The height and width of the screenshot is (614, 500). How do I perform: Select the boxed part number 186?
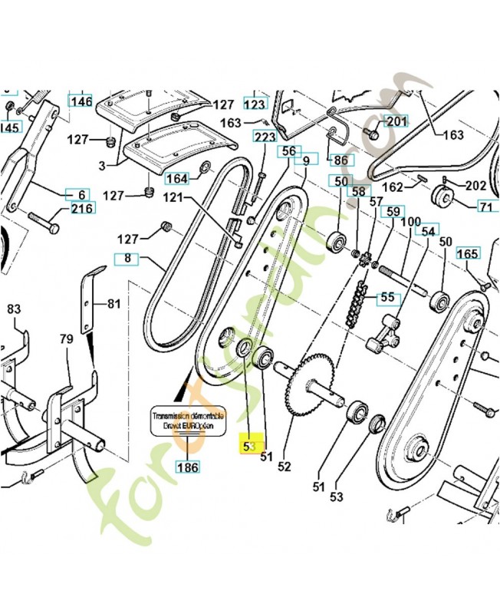[x=186, y=466]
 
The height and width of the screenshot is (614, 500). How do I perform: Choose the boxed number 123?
[x=255, y=104]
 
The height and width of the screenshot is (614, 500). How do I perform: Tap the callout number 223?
[x=265, y=137]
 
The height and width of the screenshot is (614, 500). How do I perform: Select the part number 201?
[x=395, y=122]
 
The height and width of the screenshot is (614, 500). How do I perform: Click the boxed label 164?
[x=177, y=179]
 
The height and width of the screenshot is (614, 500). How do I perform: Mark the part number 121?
[x=174, y=198]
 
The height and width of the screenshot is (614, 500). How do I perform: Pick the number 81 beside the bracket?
[x=113, y=304]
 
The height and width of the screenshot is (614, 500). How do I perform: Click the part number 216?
[x=82, y=209]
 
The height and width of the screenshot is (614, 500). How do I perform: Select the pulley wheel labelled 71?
[x=443, y=196]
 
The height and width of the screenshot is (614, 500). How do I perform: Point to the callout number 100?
[x=411, y=221]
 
